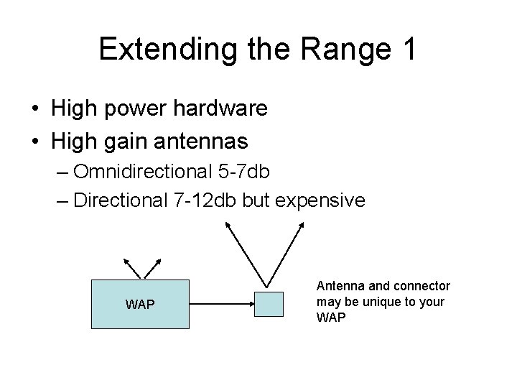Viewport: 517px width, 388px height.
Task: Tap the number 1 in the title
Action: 406,49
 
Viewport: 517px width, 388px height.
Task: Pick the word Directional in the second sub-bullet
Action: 121,200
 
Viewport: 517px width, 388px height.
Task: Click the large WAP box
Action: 140,304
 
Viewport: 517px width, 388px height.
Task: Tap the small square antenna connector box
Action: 270,304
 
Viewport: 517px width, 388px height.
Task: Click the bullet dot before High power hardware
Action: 35,110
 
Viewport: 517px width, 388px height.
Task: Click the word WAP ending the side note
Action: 331,316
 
